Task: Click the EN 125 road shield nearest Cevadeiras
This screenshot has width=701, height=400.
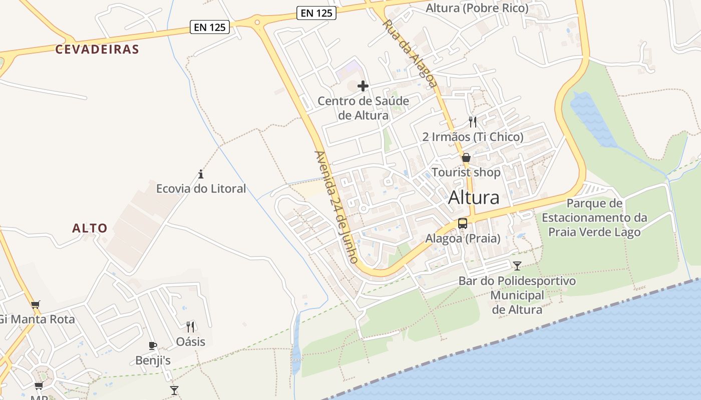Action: (210, 27)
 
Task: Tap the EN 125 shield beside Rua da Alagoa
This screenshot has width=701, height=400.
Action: (316, 13)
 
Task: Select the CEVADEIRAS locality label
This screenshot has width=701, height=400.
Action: (97, 49)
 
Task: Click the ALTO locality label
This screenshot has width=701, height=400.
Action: (90, 228)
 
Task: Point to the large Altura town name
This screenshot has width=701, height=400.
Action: (474, 197)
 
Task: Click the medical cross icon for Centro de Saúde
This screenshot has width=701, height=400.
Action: (363, 86)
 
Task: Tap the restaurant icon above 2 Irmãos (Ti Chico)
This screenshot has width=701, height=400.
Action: (473, 121)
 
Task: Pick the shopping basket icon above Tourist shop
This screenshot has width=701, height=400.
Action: (466, 158)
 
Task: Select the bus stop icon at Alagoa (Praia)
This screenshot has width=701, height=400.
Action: (463, 223)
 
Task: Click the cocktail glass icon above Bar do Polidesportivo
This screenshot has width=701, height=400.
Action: (517, 265)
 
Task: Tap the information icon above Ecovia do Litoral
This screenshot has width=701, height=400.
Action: (201, 174)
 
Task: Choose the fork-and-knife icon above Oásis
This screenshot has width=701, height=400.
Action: (190, 327)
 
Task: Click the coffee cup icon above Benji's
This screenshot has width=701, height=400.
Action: (153, 345)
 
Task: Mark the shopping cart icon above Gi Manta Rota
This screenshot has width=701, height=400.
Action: (35, 304)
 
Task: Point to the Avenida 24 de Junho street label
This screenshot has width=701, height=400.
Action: (336, 207)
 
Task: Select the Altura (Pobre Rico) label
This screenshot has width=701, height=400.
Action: (477, 8)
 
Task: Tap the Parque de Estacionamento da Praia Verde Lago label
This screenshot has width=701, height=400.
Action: (594, 217)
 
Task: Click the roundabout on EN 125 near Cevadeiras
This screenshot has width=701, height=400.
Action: (257, 21)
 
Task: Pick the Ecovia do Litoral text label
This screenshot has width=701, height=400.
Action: (201, 188)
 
